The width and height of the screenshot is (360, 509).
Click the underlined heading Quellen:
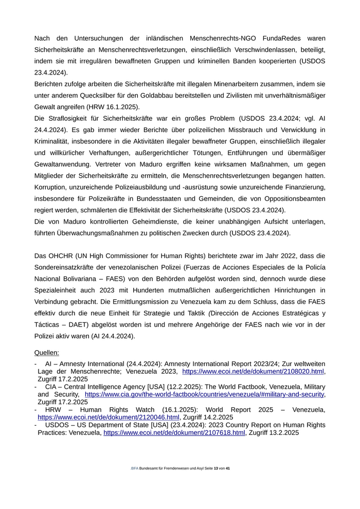pos(47,353)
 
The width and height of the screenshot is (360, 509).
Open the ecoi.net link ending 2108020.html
pos(253,371)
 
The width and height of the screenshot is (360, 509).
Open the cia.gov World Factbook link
pos(204,394)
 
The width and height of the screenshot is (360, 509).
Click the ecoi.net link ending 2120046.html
pos(109,417)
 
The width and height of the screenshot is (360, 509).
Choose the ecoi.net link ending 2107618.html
pos(174,433)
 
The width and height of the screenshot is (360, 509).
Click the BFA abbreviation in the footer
pos(135,469)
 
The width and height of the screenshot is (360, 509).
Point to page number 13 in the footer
pos(216,469)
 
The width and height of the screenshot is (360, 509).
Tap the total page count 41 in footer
pos(228,469)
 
